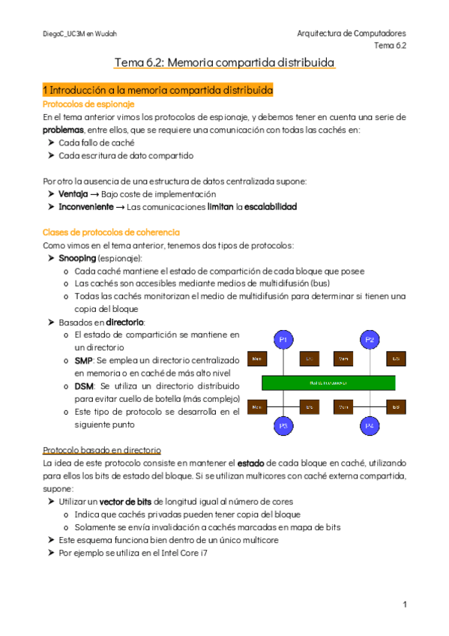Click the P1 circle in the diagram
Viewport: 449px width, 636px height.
pos(283,340)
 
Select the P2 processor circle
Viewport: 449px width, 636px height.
pos(370,340)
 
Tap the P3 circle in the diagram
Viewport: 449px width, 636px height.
pos(283,425)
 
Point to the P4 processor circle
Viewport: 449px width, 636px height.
pos(370,425)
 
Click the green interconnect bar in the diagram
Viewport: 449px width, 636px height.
pos(327,382)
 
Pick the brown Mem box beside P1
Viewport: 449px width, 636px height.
pos(258,358)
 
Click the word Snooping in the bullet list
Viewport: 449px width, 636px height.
pos(77,257)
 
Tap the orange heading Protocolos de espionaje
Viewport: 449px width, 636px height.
pos(79,104)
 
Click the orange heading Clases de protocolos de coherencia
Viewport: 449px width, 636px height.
pos(111,232)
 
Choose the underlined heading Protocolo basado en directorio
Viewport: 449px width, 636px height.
pos(101,451)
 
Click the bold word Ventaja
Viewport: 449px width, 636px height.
pos(74,193)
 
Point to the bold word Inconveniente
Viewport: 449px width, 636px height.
pos(86,206)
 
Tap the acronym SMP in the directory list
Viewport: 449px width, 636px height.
pos(83,361)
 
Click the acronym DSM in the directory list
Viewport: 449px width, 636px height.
pos(84,385)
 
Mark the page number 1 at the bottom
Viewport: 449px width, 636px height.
pos(404,604)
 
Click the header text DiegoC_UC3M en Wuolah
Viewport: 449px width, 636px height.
pos(79,34)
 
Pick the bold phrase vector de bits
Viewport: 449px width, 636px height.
pos(124,501)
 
